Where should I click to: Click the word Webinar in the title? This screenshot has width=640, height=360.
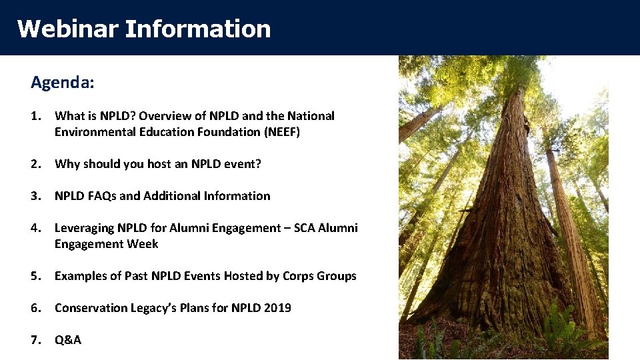point(67,29)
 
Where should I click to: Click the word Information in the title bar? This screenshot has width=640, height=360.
point(198,29)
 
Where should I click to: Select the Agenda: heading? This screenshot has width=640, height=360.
point(63,83)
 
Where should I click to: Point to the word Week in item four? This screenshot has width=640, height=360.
point(143,244)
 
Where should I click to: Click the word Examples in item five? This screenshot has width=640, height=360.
point(81,276)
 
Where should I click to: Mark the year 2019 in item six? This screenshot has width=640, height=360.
point(277,308)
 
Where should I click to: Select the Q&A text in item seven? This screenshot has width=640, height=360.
point(68,340)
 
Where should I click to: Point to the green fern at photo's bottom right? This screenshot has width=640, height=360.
point(573,333)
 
